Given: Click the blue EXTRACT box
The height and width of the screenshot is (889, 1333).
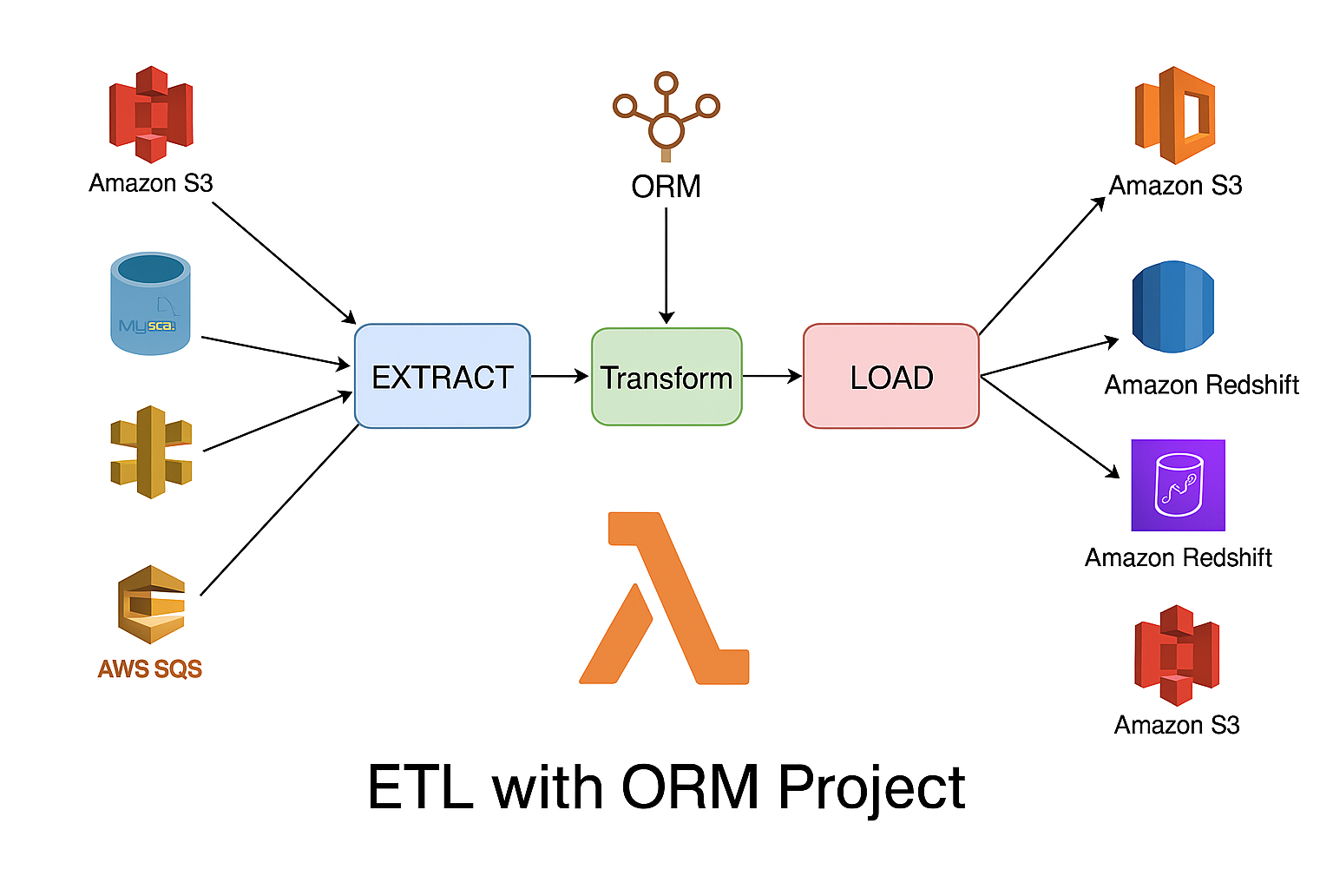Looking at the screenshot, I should (442, 376).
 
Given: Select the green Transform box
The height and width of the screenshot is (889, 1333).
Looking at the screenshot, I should (666, 377).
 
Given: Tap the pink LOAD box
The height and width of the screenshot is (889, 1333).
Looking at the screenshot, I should (890, 376).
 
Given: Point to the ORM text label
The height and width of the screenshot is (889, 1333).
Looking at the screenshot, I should (666, 187).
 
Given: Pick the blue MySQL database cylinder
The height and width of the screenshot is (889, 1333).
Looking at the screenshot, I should (150, 303).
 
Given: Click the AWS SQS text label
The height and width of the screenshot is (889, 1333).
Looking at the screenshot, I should (150, 668).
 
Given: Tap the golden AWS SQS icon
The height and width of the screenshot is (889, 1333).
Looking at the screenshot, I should (151, 604).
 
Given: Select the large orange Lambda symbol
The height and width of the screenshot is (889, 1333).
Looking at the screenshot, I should (664, 598).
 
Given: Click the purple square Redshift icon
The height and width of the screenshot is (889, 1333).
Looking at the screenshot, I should (1178, 484).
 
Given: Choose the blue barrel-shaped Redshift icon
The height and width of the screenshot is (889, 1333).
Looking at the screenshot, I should (1172, 306).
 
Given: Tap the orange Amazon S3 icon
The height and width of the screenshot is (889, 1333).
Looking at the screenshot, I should (1175, 115).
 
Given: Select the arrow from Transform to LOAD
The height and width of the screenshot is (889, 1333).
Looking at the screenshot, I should (772, 376).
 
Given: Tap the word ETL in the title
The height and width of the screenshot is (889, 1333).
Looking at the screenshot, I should (420, 787).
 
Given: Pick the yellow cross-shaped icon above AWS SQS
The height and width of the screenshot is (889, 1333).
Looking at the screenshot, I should (151, 451).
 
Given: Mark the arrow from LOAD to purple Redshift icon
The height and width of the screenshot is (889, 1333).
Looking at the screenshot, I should (1049, 426).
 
